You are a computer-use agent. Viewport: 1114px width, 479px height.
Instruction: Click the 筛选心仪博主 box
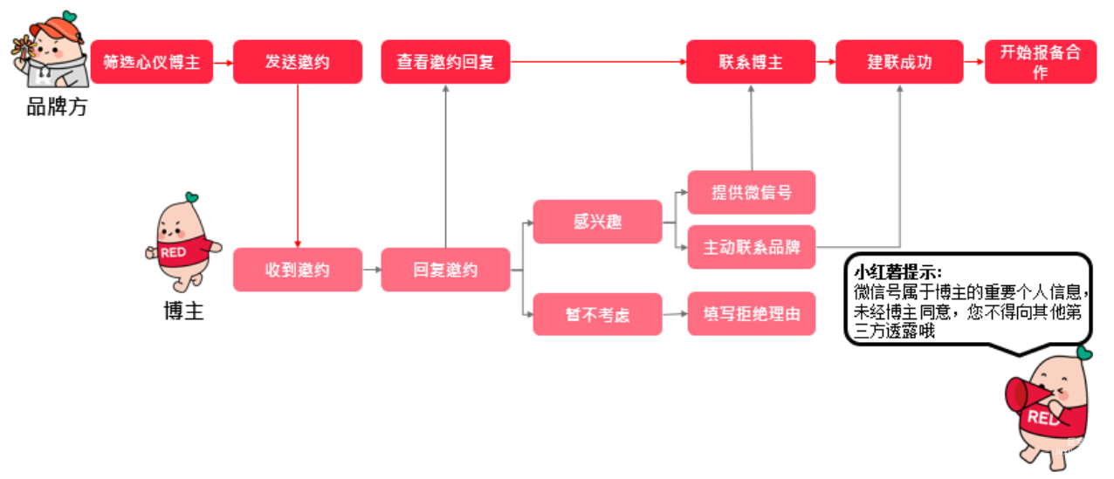tap(152, 62)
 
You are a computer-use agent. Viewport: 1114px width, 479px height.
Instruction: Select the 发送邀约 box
tap(297, 62)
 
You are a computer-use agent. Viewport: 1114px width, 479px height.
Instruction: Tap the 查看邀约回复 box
tap(445, 62)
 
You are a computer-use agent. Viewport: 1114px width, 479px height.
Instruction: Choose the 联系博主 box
tap(751, 62)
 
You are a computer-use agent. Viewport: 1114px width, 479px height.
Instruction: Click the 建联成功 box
tap(899, 62)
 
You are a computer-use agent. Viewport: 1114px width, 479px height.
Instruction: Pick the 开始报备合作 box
tap(1040, 62)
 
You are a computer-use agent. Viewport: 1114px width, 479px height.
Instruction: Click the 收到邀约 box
tap(297, 270)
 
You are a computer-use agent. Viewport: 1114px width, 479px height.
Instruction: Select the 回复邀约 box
tap(445, 270)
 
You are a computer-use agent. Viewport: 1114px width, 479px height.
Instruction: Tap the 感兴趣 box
tap(597, 222)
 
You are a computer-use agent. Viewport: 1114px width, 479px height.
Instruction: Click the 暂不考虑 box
tap(597, 315)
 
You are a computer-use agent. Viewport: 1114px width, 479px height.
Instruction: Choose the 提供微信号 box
tap(751, 192)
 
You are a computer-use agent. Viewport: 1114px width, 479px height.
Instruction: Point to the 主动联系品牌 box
tap(751, 247)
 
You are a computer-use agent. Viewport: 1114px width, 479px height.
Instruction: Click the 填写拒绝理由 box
tap(751, 315)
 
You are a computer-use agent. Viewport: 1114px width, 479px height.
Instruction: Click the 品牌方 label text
tap(57, 107)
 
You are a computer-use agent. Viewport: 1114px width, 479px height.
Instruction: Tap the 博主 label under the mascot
tap(183, 311)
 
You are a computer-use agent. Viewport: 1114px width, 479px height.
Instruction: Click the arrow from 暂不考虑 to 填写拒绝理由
tap(675, 315)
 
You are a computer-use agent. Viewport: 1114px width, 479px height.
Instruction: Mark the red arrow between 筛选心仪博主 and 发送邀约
tap(223, 62)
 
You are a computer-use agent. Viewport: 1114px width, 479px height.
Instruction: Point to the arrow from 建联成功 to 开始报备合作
tap(974, 62)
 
